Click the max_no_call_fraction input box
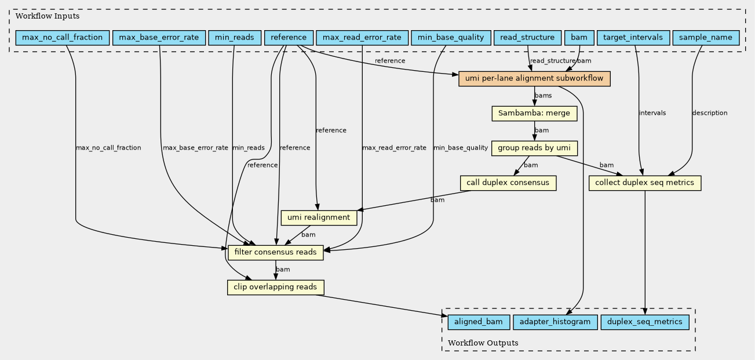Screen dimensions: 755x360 pyautogui.click(x=63, y=38)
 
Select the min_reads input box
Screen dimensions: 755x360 pyautogui.click(x=235, y=38)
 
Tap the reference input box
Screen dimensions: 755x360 pyautogui.click(x=289, y=38)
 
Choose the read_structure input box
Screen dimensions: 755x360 pyautogui.click(x=527, y=38)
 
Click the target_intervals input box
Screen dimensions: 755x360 pyautogui.click(x=633, y=38)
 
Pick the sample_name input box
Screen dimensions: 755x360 pyautogui.click(x=706, y=38)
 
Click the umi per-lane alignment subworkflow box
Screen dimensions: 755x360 pyautogui.click(x=534, y=78)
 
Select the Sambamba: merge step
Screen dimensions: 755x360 pyautogui.click(x=534, y=113)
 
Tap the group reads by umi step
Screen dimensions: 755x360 pyautogui.click(x=534, y=148)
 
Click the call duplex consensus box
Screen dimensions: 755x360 pyautogui.click(x=508, y=183)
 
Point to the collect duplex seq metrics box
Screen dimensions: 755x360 pyautogui.click(x=645, y=183)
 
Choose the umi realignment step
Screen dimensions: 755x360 pyautogui.click(x=319, y=218)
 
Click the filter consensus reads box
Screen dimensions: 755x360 pyautogui.click(x=275, y=253)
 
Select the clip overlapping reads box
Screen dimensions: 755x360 pyautogui.click(x=275, y=287)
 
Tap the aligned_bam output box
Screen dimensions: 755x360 pyautogui.click(x=479, y=322)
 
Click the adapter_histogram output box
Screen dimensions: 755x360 pyautogui.click(x=555, y=322)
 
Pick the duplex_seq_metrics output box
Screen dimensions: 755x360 pyautogui.click(x=645, y=322)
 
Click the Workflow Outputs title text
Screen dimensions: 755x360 pyautogui.click(x=483, y=343)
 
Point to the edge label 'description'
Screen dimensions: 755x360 pyautogui.click(x=709, y=113)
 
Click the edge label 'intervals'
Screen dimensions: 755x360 pyautogui.click(x=652, y=113)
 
